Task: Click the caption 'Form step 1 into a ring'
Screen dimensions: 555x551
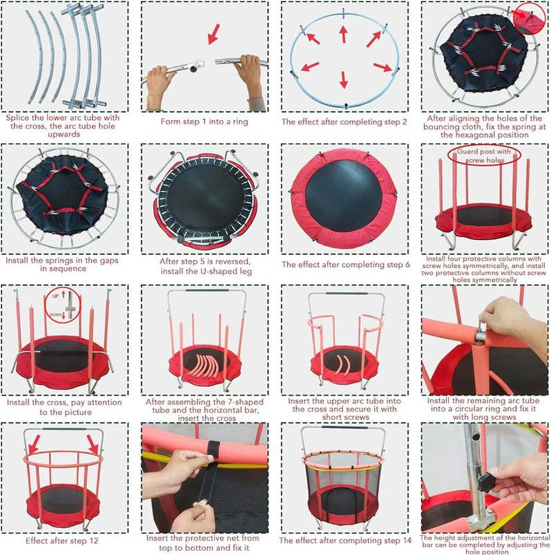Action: (x=200, y=122)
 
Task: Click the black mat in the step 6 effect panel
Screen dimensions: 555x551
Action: (x=341, y=196)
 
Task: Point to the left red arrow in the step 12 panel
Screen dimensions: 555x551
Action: (x=34, y=442)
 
